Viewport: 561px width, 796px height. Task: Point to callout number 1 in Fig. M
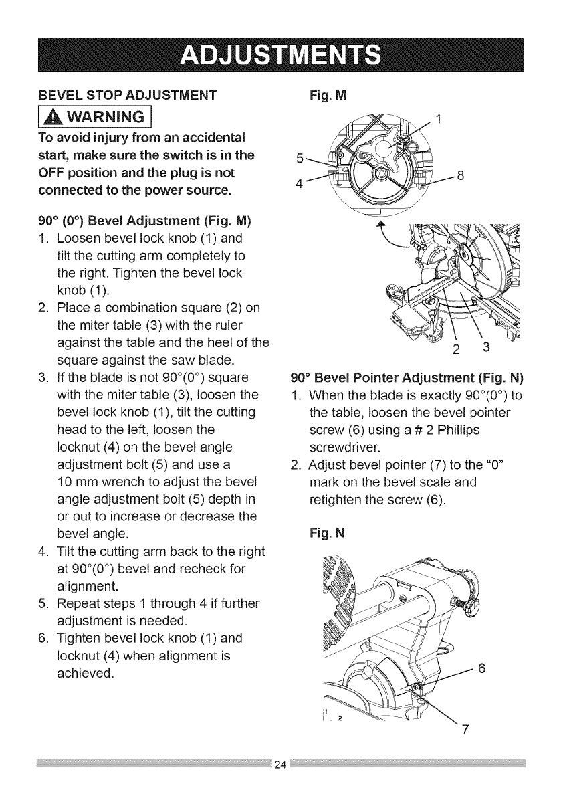(439, 120)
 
